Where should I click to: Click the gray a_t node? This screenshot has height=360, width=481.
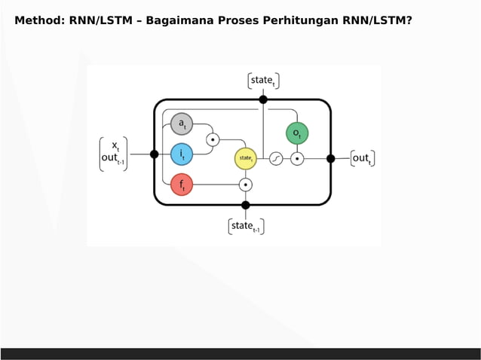[x=182, y=124]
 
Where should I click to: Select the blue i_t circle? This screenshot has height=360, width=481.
[x=182, y=154]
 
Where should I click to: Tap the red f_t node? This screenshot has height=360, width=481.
[x=182, y=184]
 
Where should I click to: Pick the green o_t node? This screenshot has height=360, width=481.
[x=296, y=133]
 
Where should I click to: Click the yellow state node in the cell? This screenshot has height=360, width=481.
[x=245, y=158]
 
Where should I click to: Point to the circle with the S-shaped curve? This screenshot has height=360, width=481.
[x=276, y=159]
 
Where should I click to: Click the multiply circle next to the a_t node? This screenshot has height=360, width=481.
[x=213, y=139]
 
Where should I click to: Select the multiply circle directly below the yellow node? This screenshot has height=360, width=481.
[x=245, y=184]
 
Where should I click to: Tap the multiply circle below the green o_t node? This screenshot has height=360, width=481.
[x=297, y=159]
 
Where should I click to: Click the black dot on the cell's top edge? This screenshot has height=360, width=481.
[x=263, y=99]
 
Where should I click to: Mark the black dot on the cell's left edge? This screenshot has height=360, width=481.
[x=155, y=154]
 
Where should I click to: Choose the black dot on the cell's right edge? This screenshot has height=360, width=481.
[x=330, y=158]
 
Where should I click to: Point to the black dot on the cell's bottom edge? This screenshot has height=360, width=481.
[x=245, y=205]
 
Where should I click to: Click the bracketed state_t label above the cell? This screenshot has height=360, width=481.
[x=263, y=81]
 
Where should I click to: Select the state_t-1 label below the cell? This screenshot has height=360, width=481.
[x=246, y=226]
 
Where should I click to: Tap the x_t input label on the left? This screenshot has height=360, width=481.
[x=115, y=145]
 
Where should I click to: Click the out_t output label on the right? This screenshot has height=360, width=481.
[x=362, y=158]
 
